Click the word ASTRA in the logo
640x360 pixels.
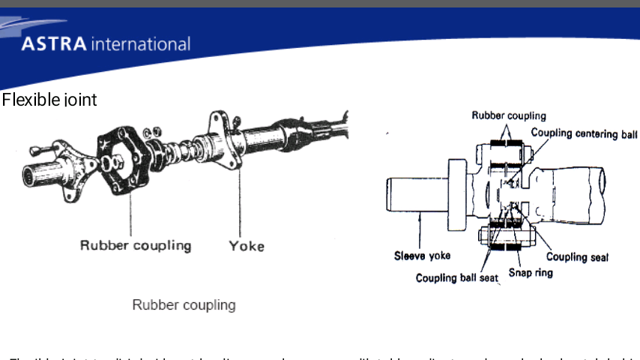click(54, 44)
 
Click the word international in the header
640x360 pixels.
click(140, 44)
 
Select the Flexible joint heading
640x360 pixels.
click(49, 100)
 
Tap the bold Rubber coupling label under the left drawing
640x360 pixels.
click(136, 245)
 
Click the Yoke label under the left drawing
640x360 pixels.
click(247, 245)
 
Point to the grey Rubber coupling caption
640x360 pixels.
click(184, 305)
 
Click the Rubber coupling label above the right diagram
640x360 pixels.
click(509, 115)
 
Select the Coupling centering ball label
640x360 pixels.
click(585, 133)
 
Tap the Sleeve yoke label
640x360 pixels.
click(423, 256)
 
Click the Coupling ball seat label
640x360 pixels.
click(457, 278)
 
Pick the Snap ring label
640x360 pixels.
click(531, 272)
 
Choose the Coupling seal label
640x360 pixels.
click(577, 257)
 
